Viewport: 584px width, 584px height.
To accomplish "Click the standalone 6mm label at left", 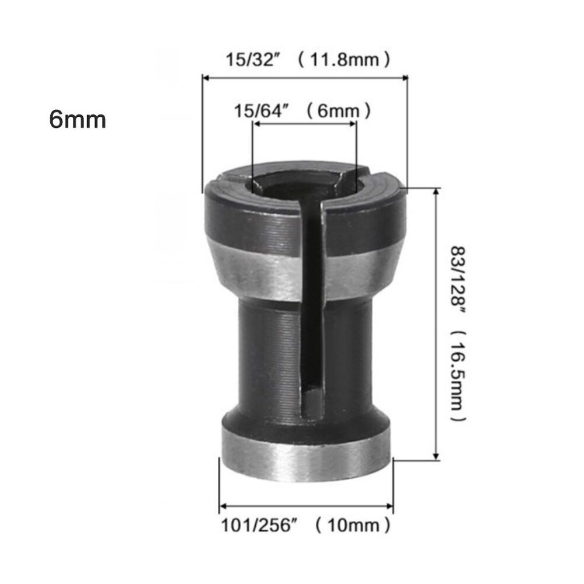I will click(78, 120).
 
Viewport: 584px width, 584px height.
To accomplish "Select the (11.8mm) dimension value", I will click(343, 60).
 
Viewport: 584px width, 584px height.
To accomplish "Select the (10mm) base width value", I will click(352, 526).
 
